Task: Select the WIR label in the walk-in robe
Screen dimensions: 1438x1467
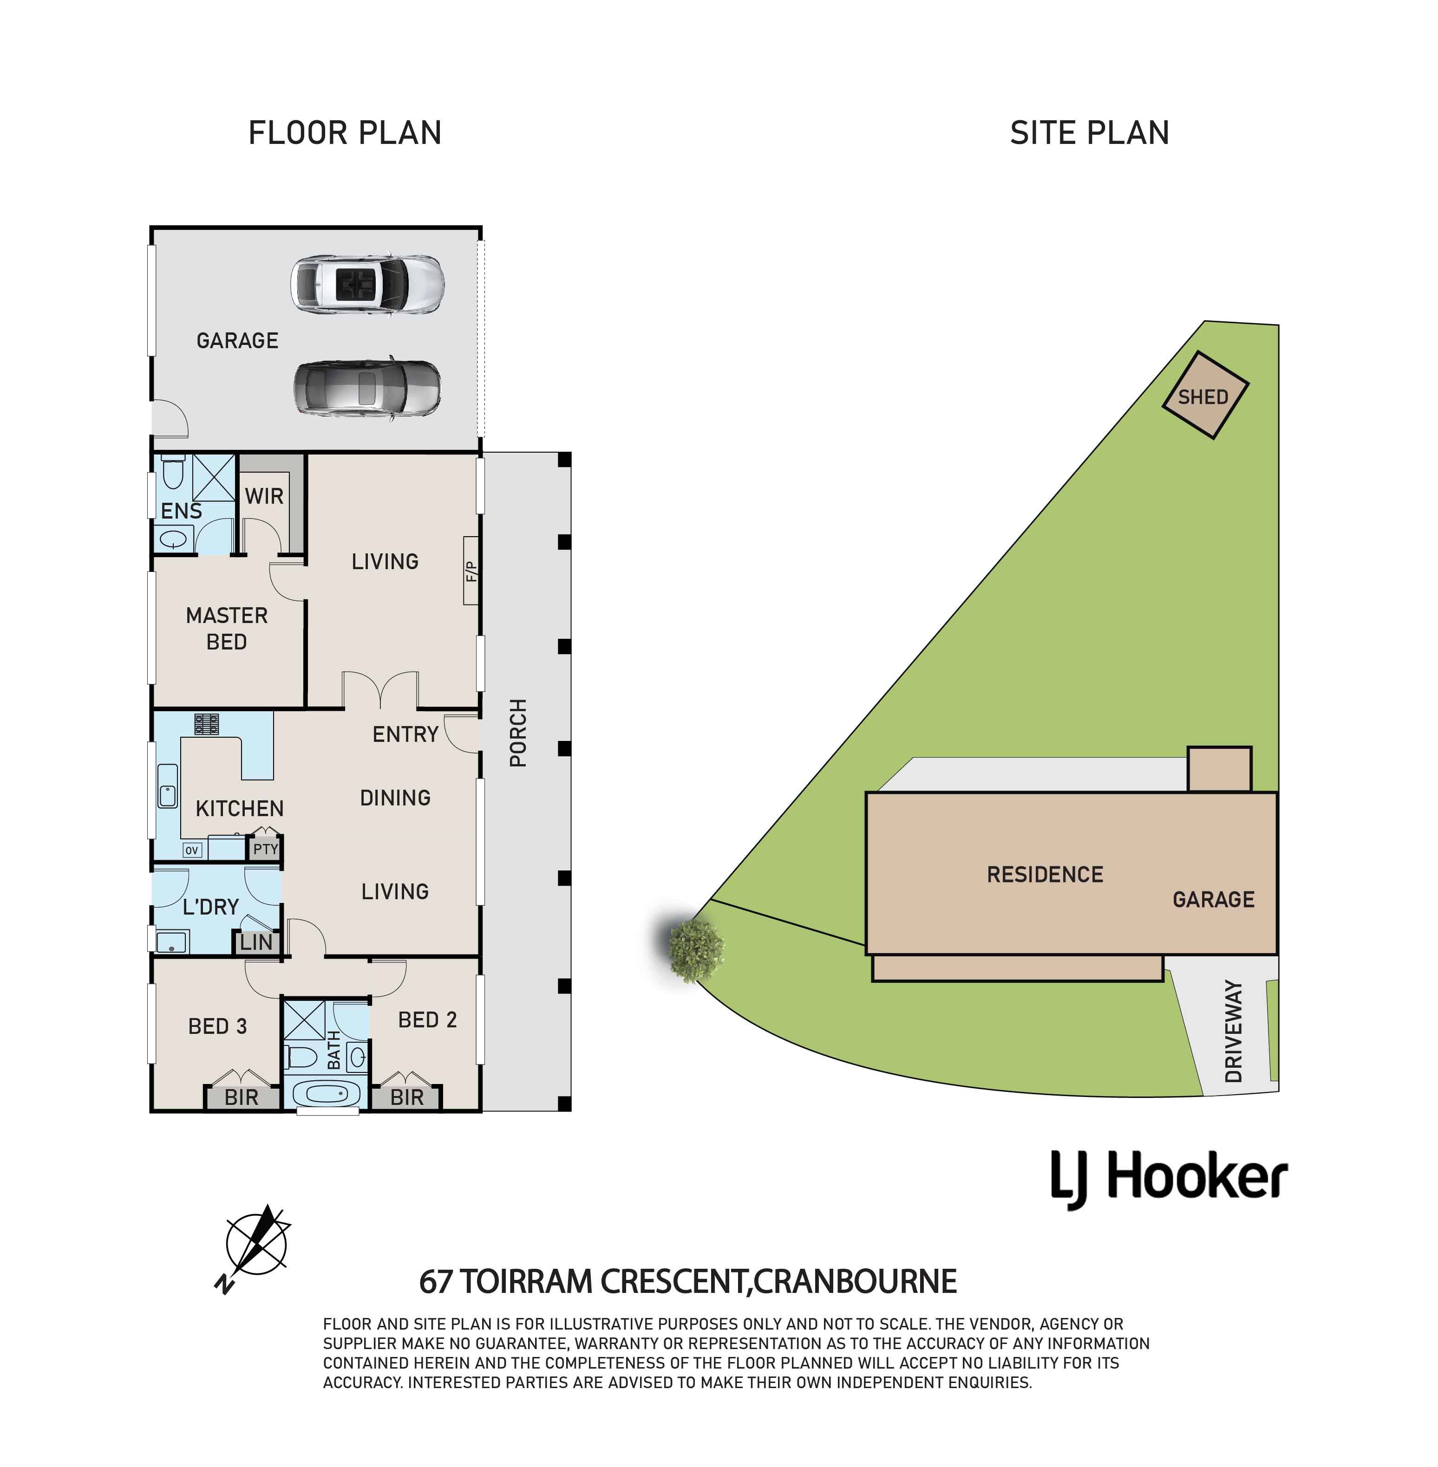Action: (264, 496)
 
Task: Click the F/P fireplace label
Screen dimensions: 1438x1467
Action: (472, 571)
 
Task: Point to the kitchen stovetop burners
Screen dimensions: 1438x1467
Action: (206, 724)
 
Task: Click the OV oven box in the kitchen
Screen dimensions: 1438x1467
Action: (192, 850)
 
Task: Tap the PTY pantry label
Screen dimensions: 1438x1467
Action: (266, 849)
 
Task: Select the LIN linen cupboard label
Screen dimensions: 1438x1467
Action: (256, 942)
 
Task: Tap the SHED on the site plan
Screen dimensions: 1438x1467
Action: (1205, 395)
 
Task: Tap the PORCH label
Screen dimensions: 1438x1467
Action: (518, 733)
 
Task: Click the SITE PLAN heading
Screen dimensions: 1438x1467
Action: (1090, 133)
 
